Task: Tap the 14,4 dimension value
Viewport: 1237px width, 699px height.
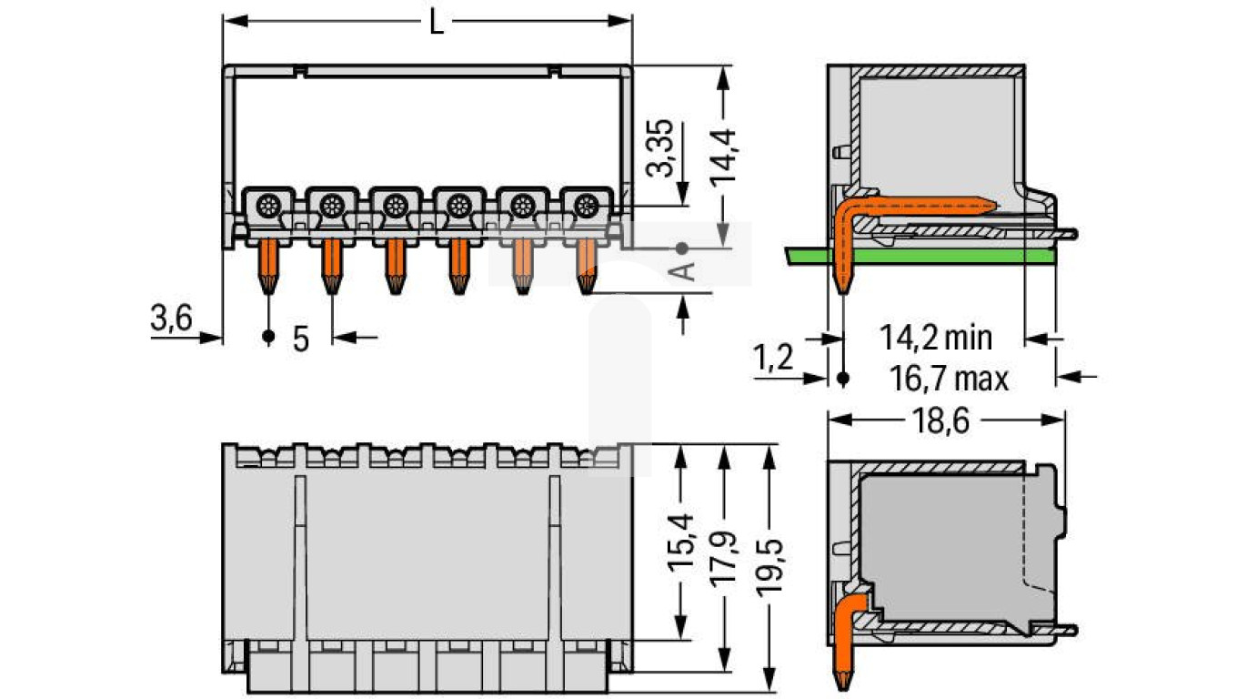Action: tap(724, 157)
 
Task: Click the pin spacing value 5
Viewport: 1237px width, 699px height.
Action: tap(300, 338)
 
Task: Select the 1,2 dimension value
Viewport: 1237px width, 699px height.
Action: tap(772, 358)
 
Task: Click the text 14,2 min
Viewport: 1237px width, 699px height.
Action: tap(935, 338)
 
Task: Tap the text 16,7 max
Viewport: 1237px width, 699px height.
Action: tap(943, 377)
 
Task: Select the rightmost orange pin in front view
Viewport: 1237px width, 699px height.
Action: tap(585, 265)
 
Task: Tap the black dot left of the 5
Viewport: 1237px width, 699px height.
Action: tap(267, 338)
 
